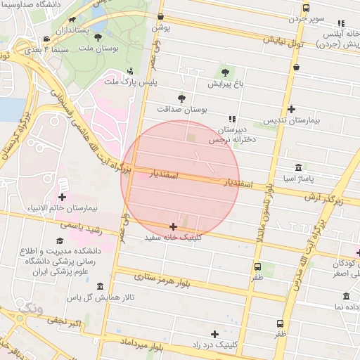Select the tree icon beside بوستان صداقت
click(x=181, y=98)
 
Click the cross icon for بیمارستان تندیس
click(x=291, y=109)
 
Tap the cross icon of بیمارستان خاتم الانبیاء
click(x=63, y=198)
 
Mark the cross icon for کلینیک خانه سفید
click(x=173, y=226)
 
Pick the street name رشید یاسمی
click(x=82, y=228)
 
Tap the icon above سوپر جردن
click(x=305, y=8)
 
